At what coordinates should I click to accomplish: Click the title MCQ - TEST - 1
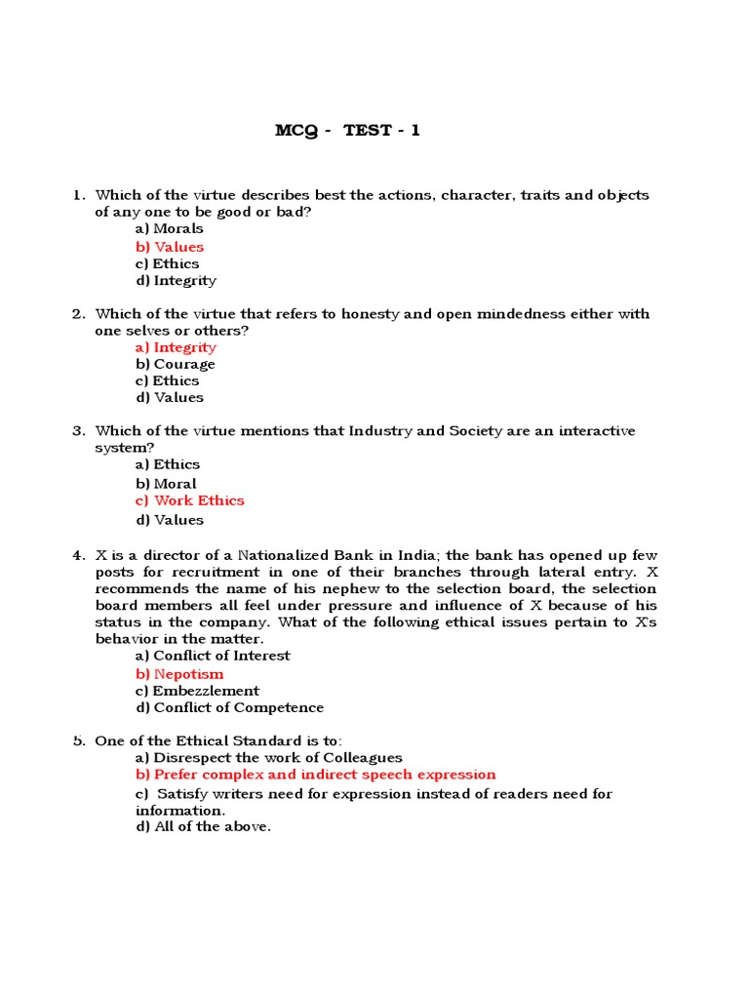coord(348,131)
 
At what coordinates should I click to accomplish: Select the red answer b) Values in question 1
coord(170,247)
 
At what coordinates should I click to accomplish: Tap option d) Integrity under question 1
coord(176,281)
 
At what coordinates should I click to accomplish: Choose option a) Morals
coord(170,229)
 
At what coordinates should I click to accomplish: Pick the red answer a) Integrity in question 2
coord(176,347)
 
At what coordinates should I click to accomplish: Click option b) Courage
coord(176,364)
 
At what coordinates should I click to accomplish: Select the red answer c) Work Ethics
coord(190,500)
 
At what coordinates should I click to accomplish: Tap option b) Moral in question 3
coord(166,484)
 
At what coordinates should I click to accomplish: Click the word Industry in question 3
coord(381,431)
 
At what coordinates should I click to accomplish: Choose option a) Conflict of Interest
coord(213,657)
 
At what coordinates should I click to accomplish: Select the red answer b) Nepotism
coord(179,674)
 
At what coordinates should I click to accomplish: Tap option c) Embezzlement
coord(198,691)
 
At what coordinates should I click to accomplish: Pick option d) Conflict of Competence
coord(229,708)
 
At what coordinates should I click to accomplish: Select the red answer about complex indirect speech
coord(316,775)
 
